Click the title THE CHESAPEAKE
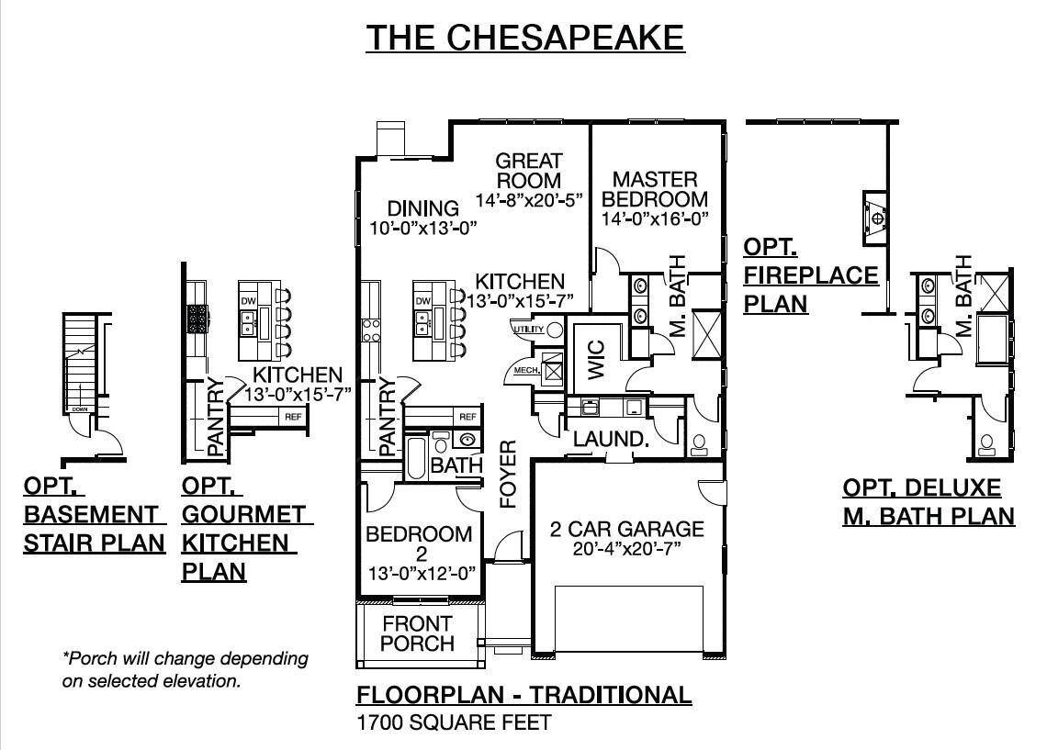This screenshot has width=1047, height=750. coord(525,38)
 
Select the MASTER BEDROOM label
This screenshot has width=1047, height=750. coord(655,189)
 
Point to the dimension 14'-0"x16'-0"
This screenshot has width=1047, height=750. coord(655,219)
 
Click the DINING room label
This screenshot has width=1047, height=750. coord(422,208)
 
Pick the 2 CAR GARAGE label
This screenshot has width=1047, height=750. coord(626,529)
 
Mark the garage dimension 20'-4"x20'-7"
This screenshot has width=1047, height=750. coord(626,549)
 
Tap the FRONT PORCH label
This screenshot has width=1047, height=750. coord(417,633)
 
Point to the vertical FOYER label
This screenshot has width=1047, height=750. coord(508,474)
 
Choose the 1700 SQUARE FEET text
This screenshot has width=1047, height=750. coord(454,722)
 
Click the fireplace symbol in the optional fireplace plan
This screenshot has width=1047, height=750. coord(877,217)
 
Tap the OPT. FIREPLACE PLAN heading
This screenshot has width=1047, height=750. coord(810,275)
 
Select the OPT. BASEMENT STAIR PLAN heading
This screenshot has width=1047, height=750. coord(94,515)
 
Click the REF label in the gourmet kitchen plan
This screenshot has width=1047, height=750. coord(293,417)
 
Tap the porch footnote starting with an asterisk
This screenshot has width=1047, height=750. coord(185,670)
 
